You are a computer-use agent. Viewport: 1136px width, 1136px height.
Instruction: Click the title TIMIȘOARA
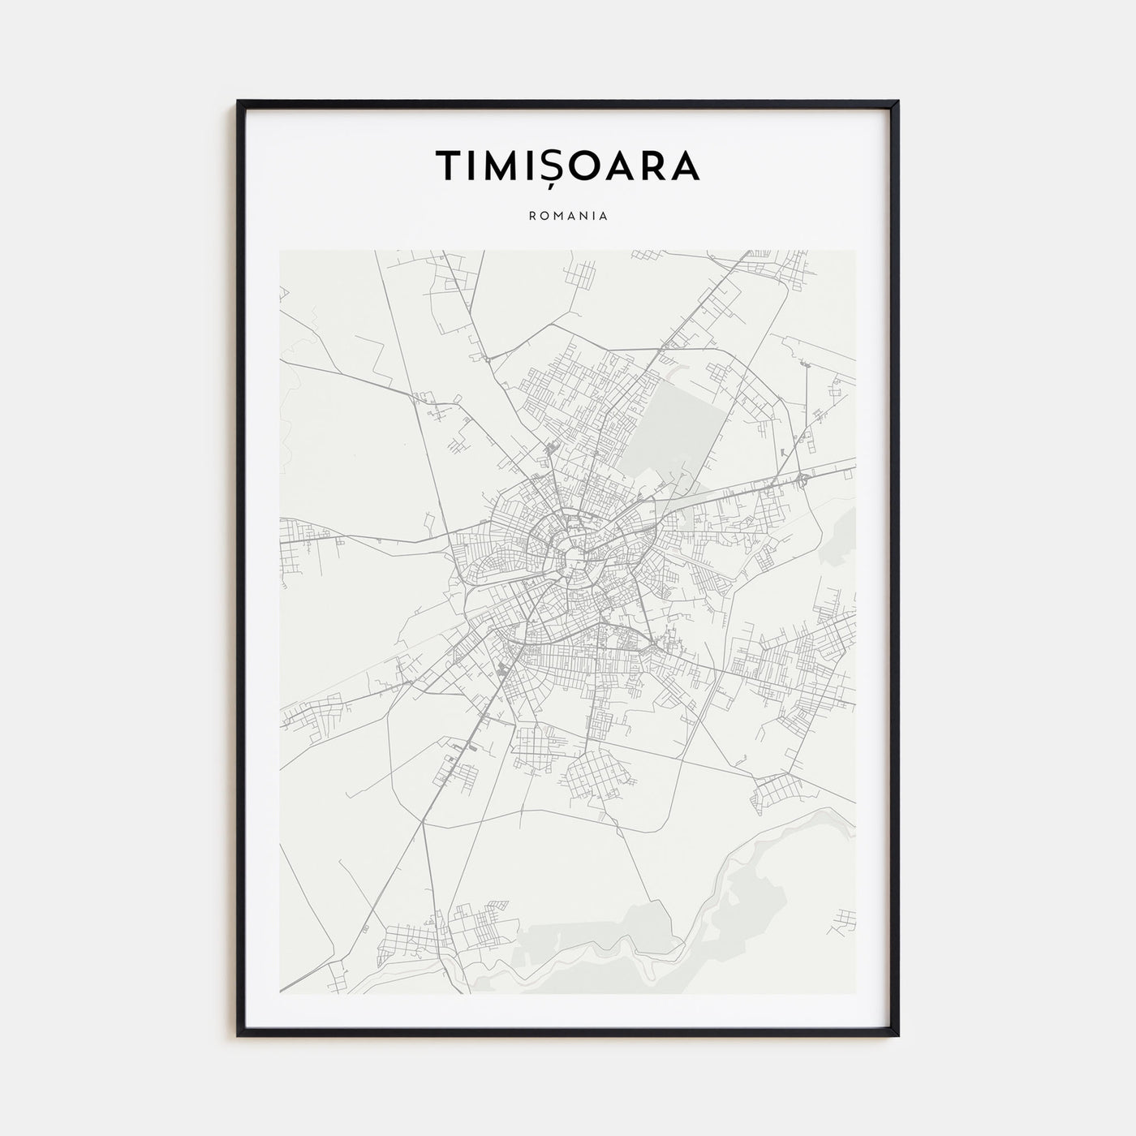(x=568, y=166)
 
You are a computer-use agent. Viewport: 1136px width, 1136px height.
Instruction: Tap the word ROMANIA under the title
(x=568, y=217)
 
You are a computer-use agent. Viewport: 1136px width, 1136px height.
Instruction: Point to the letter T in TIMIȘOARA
(x=450, y=166)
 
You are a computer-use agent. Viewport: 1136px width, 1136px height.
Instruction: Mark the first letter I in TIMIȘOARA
(x=472, y=166)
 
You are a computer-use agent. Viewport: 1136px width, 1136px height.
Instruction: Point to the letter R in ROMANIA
(x=531, y=217)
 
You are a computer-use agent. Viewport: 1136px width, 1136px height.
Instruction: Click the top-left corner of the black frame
(x=239, y=102)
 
